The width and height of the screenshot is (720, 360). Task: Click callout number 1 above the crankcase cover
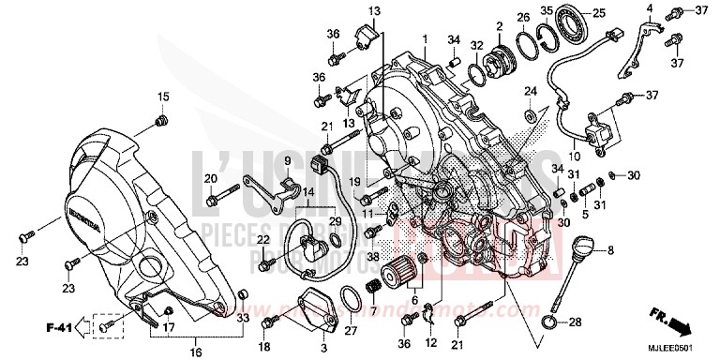tap(424, 40)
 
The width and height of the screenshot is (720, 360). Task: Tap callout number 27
tap(350, 331)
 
